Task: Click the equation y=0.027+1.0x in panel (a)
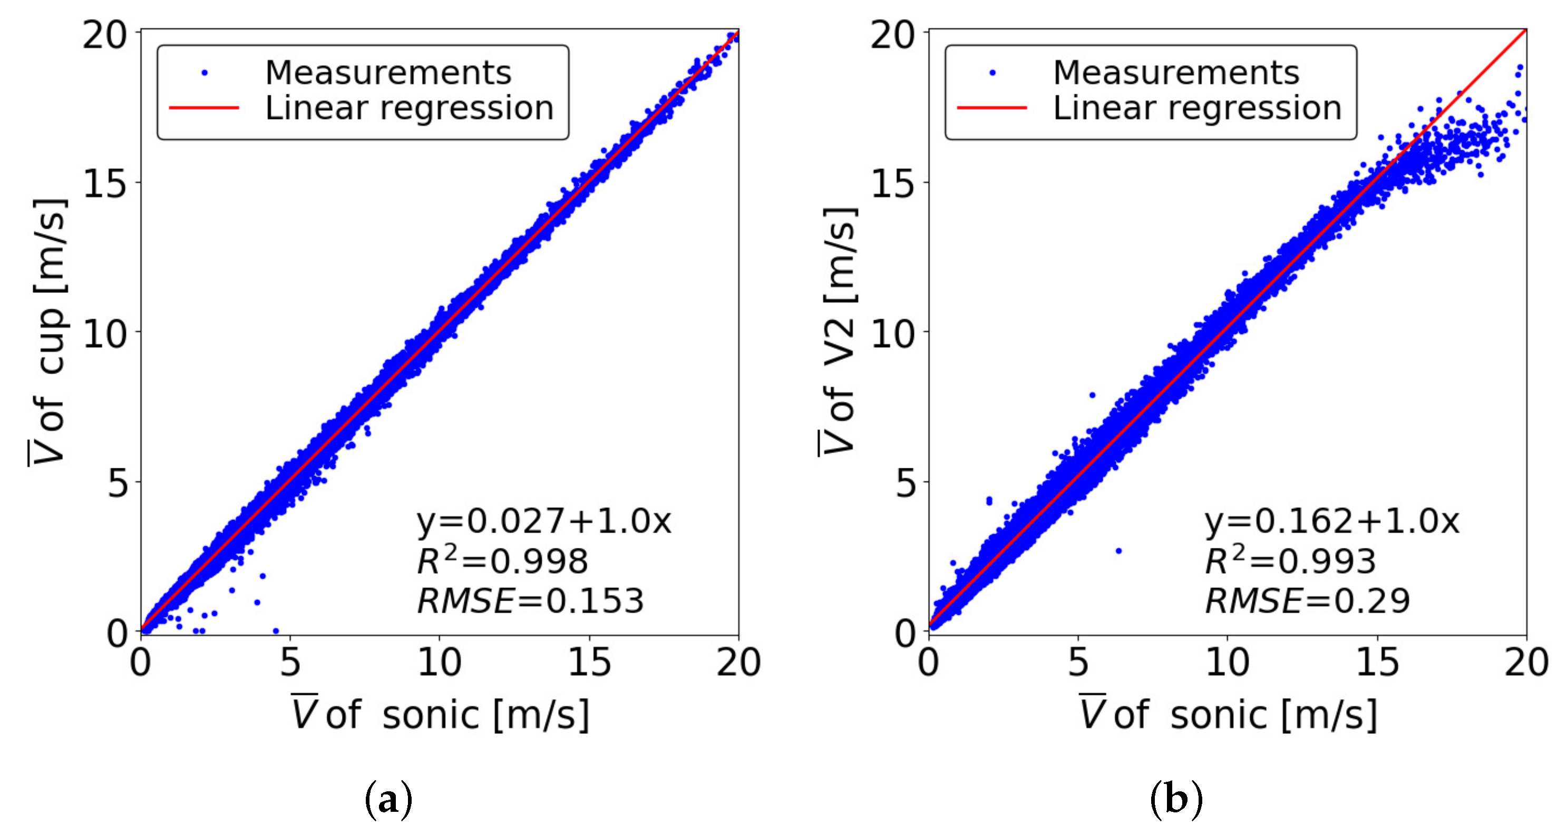click(x=544, y=521)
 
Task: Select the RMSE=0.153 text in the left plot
click(x=531, y=601)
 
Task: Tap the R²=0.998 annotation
click(x=502, y=561)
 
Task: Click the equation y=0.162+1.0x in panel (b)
click(x=1332, y=521)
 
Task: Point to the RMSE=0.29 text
click(x=1307, y=601)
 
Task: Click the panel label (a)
click(x=388, y=800)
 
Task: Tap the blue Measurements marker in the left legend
click(x=205, y=73)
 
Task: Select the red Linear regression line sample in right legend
click(x=992, y=108)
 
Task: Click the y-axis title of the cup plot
click(x=48, y=332)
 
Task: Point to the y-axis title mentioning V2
click(x=839, y=332)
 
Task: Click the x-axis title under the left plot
click(x=440, y=714)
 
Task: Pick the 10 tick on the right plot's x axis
click(x=1228, y=662)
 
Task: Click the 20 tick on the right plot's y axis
click(x=893, y=35)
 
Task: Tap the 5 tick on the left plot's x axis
click(x=290, y=662)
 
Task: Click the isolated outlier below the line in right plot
click(x=1119, y=551)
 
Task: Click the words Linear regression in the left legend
click(x=409, y=108)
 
